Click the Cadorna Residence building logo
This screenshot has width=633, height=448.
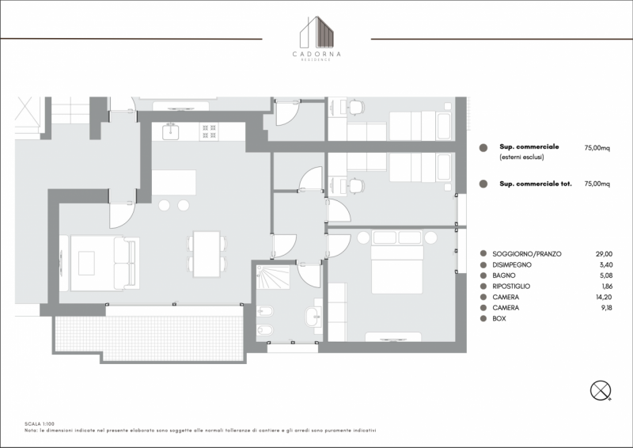(x=317, y=39)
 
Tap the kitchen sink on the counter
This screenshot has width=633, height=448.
(x=171, y=131)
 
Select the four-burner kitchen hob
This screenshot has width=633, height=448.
(x=209, y=131)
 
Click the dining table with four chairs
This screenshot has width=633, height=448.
(x=207, y=254)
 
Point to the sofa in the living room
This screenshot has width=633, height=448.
(x=127, y=264)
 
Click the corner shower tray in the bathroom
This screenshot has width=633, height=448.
(x=273, y=277)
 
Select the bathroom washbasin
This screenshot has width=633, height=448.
(x=314, y=316)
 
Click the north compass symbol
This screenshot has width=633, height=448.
(x=601, y=391)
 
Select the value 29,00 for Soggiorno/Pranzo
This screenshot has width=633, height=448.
(x=604, y=254)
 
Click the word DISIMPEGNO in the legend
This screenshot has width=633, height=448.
(x=512, y=265)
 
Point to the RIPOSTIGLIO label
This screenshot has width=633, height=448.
(x=511, y=287)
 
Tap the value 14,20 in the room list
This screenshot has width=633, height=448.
(x=605, y=297)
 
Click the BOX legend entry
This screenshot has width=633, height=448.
(x=499, y=319)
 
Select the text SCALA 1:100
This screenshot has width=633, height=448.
(x=40, y=424)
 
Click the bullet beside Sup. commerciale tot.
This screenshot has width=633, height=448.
(x=483, y=184)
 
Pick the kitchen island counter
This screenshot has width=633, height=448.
(x=174, y=183)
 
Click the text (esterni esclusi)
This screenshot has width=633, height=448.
(x=521, y=158)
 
